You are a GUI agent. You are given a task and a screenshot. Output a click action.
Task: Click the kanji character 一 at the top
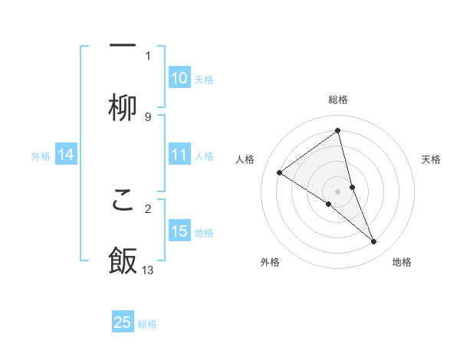[x=123, y=45]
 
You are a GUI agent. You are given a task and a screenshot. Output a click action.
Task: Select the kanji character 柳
[x=123, y=107]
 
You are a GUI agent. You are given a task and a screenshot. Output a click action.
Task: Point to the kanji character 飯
[x=123, y=261]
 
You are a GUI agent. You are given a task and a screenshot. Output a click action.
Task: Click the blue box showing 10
[x=179, y=78]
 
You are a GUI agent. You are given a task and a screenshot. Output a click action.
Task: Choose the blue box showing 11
[x=179, y=155]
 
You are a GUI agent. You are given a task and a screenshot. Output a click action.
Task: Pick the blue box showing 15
[x=179, y=231]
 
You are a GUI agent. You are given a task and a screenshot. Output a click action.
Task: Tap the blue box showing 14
[x=65, y=155]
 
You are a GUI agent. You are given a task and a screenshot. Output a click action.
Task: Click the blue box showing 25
[x=123, y=322]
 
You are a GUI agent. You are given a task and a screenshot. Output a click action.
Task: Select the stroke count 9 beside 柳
[x=148, y=116]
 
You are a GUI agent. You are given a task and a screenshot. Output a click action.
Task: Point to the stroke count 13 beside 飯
[x=148, y=270]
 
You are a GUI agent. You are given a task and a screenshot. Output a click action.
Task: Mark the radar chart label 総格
[x=338, y=100]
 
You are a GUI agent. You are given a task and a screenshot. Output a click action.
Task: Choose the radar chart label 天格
[x=432, y=159]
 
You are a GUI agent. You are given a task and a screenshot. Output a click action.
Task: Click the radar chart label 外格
[x=270, y=262]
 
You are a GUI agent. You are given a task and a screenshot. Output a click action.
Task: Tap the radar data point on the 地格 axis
[x=374, y=242]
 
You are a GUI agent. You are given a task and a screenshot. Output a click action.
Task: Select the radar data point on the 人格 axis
[x=279, y=172]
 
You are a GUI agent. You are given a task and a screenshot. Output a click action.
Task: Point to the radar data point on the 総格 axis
[x=338, y=130]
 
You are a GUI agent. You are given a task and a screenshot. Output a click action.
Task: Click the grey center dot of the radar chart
[x=338, y=191]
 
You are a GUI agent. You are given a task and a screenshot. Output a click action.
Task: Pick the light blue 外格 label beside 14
[x=41, y=156]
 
